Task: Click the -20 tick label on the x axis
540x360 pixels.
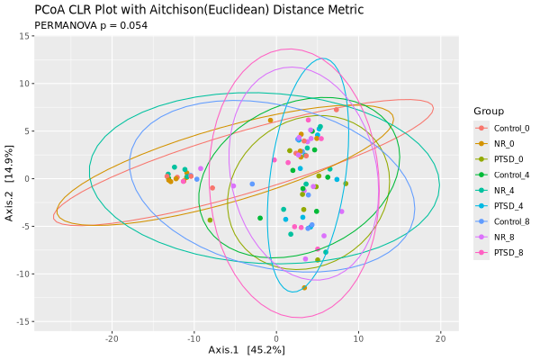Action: [x=112, y=338]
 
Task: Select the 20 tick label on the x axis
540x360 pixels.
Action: [x=441, y=338]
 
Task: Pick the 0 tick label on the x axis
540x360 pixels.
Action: [x=277, y=338]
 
